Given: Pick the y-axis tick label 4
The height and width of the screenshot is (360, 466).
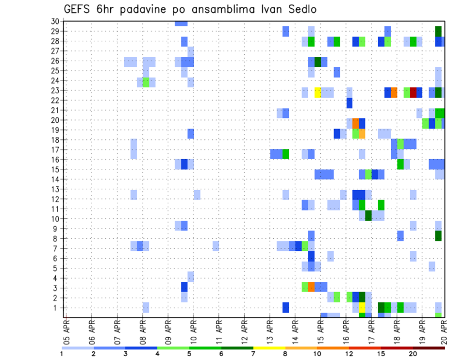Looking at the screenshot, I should [57, 278].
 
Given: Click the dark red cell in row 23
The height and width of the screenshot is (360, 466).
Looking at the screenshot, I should [413, 92].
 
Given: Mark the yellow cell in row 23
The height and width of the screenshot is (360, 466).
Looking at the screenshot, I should [318, 92].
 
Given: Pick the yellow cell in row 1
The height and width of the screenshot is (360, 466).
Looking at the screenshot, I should [362, 308].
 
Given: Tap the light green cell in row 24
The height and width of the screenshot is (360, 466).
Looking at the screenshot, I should [146, 82].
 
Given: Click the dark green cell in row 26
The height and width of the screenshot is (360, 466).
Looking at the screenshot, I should [318, 62].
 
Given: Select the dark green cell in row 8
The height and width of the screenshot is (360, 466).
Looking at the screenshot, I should [438, 236].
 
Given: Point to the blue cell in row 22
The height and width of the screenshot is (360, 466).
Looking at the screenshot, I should [349, 102].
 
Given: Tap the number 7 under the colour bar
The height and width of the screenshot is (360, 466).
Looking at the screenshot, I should [253, 353].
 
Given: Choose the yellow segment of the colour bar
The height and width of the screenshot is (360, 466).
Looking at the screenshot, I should [269, 347].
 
